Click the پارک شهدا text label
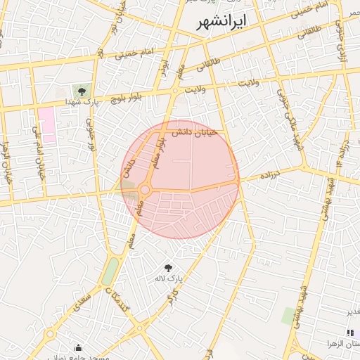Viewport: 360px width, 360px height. click(x=80, y=103)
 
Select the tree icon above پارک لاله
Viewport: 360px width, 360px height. click(x=168, y=268)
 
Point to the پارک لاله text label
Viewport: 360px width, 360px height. click(x=169, y=278)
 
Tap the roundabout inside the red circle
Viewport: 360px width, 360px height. click(x=146, y=190)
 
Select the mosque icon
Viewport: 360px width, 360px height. click(x=77, y=347)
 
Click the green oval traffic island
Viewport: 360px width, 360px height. click(x=110, y=272)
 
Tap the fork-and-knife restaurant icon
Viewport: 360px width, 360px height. click(x=350, y=333)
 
